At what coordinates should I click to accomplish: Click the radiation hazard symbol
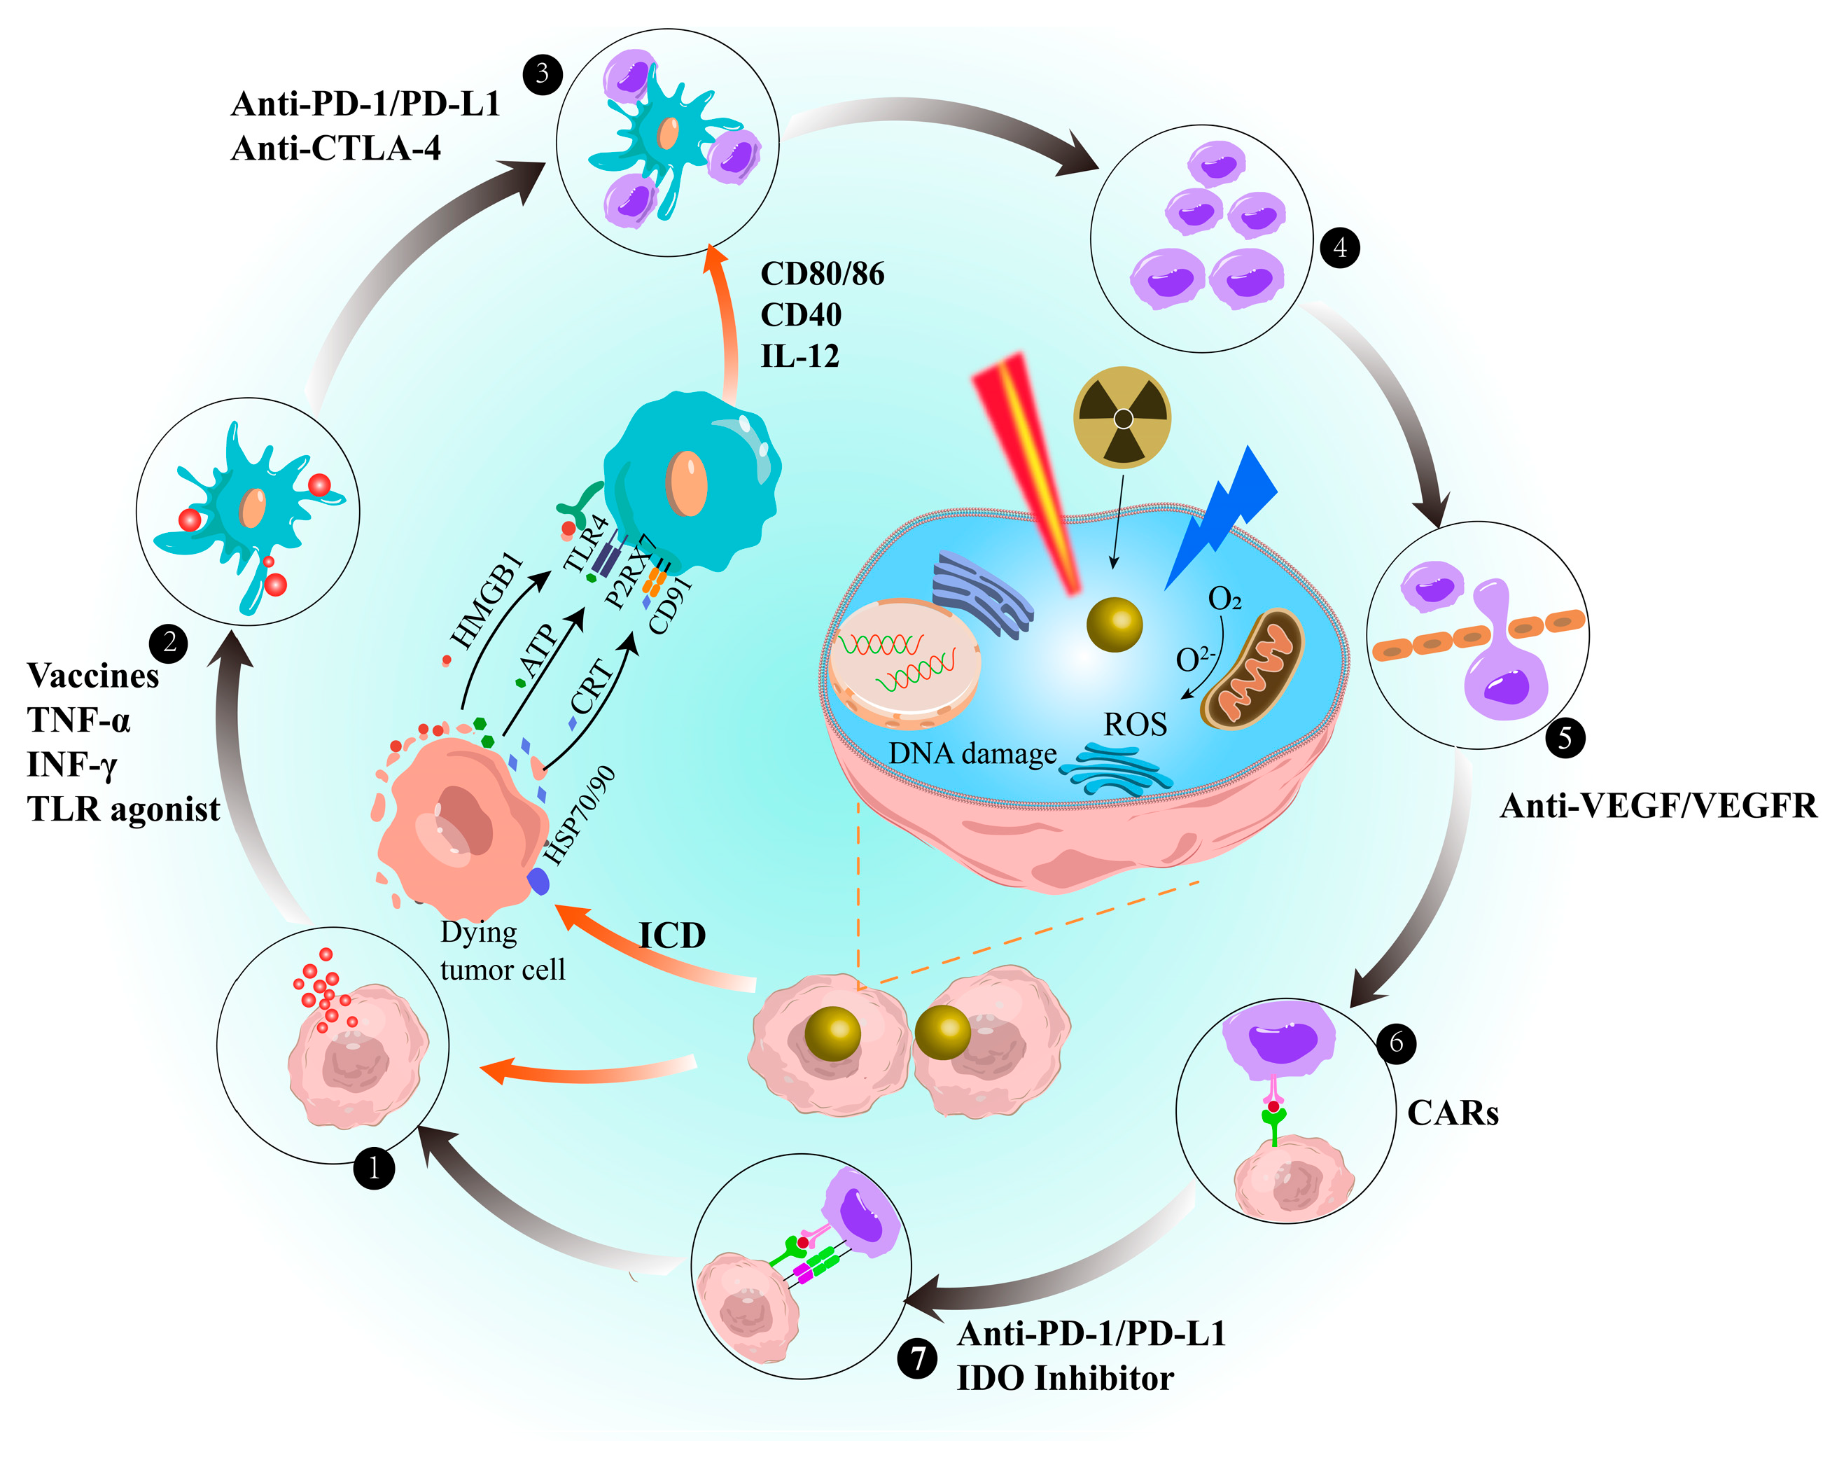[x=1122, y=417]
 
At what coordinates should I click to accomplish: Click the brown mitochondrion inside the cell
[x=1252, y=669]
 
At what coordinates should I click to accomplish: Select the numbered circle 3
[x=542, y=74]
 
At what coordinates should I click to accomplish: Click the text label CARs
[x=1452, y=1113]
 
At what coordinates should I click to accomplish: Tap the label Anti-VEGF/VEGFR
[x=1658, y=805]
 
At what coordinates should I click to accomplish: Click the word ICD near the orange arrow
[x=672, y=935]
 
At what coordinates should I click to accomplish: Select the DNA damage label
[x=972, y=754]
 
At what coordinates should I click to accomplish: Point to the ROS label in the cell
[x=1135, y=725]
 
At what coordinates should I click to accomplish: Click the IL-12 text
[x=799, y=356]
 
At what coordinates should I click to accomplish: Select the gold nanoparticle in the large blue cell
[x=1114, y=625]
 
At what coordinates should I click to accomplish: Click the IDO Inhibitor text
[x=1064, y=1378]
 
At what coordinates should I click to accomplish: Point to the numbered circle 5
[x=1565, y=737]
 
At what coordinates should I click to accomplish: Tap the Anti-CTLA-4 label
[x=336, y=148]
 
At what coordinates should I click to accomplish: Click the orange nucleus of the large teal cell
[x=687, y=482]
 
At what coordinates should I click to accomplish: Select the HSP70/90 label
[x=580, y=816]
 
